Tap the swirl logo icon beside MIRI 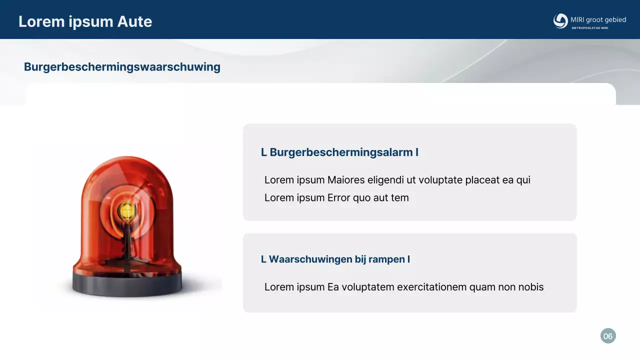pos(560,21)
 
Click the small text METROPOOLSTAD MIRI pos(590,28)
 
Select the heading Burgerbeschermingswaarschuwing pos(122,67)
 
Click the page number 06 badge pos(607,336)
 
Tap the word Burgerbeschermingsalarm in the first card pos(341,152)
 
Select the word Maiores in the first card pos(346,180)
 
